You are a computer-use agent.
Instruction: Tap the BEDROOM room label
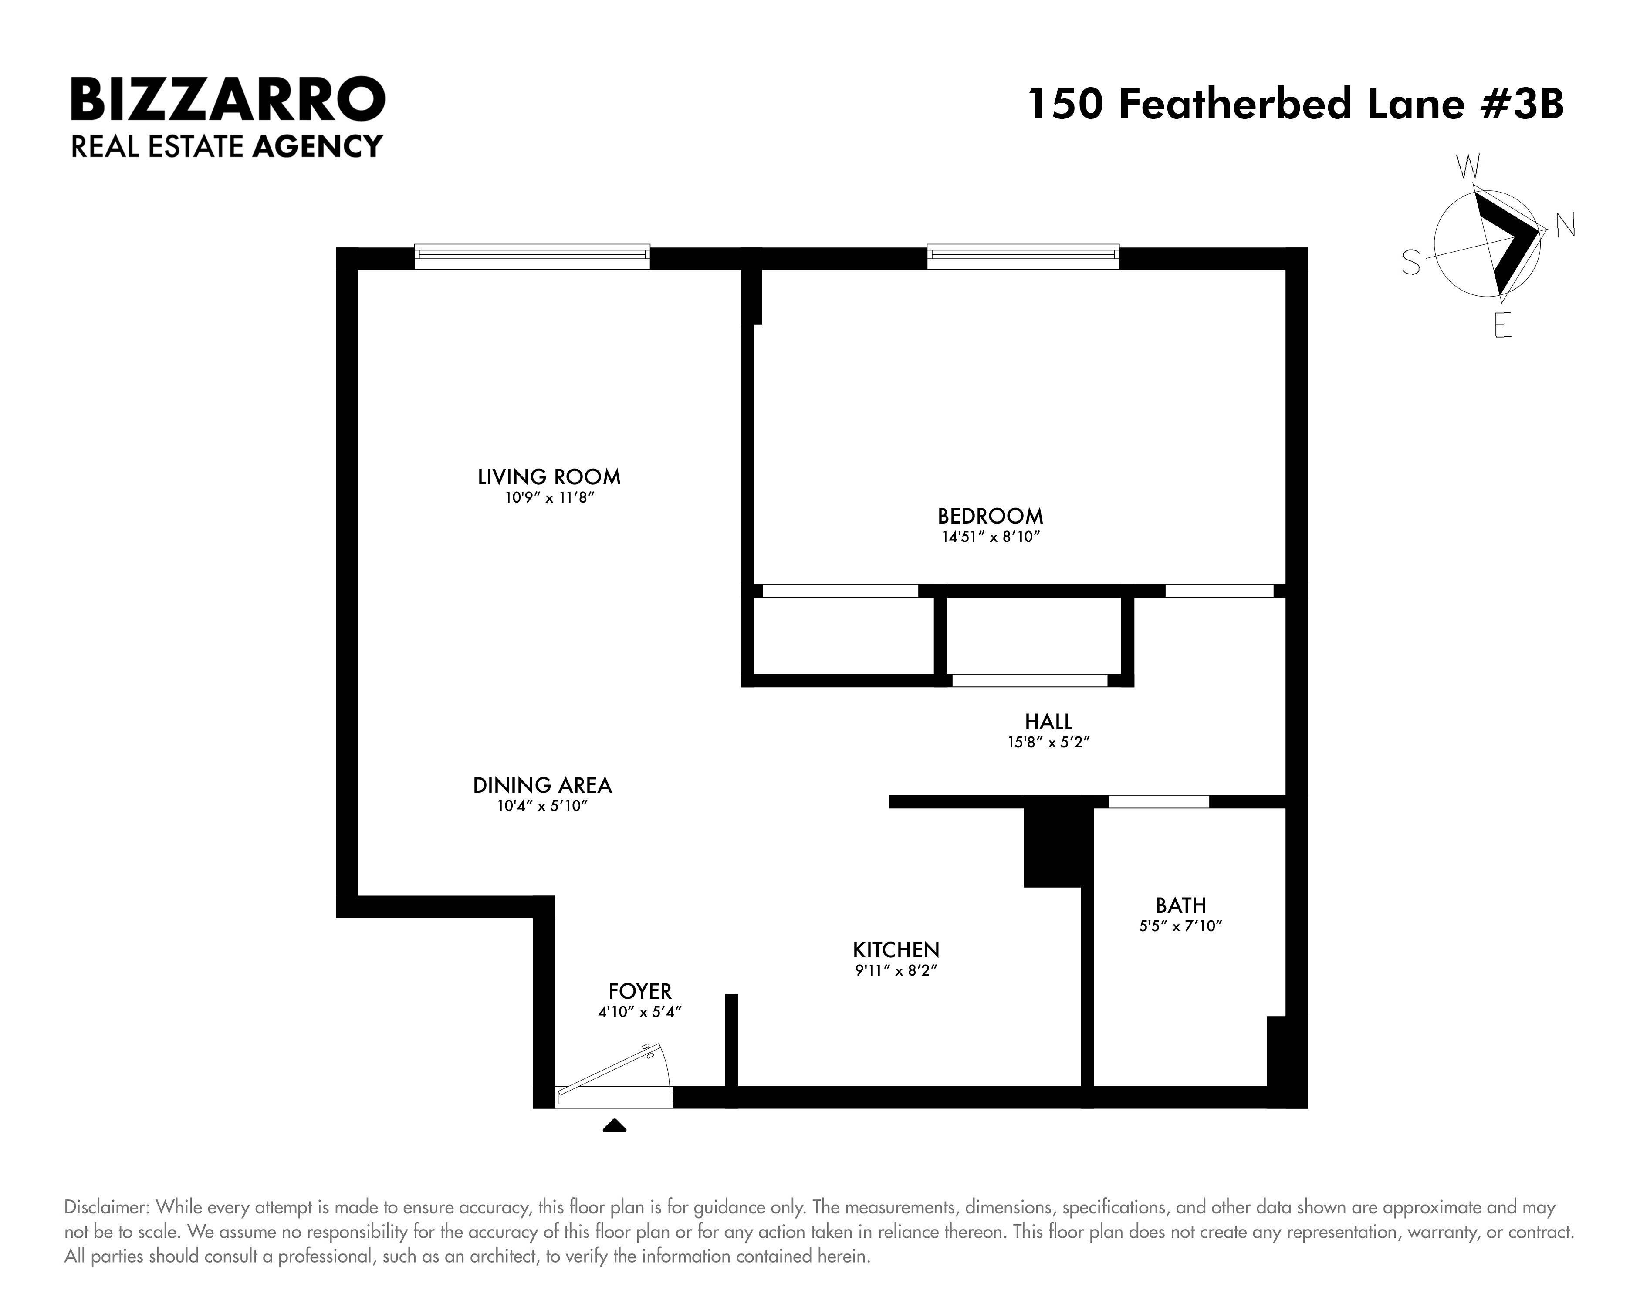991,516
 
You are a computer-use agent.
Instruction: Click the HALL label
1048,722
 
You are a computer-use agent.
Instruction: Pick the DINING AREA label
542,785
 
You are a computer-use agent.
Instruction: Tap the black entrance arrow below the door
615,1125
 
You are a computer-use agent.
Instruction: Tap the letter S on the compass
1411,263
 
